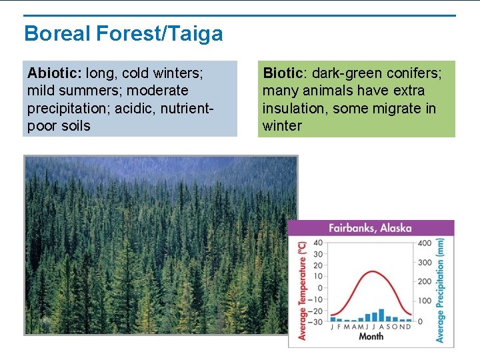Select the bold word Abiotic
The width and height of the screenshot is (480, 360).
[x=53, y=73]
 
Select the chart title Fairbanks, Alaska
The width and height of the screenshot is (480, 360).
[x=370, y=228]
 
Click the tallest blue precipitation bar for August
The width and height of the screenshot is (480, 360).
[x=381, y=315]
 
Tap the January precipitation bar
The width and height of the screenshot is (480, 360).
[x=333, y=320]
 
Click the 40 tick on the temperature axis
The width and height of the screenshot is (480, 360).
[x=317, y=243]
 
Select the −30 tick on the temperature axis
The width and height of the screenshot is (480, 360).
[x=316, y=322]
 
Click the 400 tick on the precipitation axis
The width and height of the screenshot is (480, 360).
[x=424, y=243]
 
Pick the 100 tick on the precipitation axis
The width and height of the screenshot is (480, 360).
[x=424, y=301]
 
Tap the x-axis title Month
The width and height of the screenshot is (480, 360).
[x=371, y=337]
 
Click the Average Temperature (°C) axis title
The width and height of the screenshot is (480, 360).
[x=302, y=291]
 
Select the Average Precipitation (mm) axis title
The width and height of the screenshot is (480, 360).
[x=441, y=291]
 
